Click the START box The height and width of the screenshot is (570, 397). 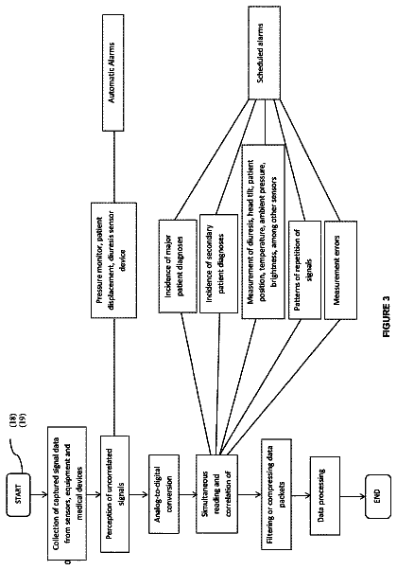[18, 494]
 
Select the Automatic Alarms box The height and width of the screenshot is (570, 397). [112, 72]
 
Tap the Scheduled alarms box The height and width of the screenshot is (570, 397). [264, 53]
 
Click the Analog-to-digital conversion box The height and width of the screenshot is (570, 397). [164, 494]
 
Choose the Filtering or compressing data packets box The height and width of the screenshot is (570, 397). [276, 494]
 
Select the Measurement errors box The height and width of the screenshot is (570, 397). [340, 270]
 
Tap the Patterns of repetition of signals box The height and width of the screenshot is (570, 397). [304, 270]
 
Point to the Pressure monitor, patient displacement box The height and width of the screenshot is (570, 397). [113, 260]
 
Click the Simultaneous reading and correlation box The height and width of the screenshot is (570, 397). [217, 494]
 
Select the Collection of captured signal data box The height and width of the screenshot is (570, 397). [67, 494]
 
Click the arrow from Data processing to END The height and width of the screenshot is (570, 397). [353, 496]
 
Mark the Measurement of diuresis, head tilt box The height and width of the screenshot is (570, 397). [263, 232]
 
